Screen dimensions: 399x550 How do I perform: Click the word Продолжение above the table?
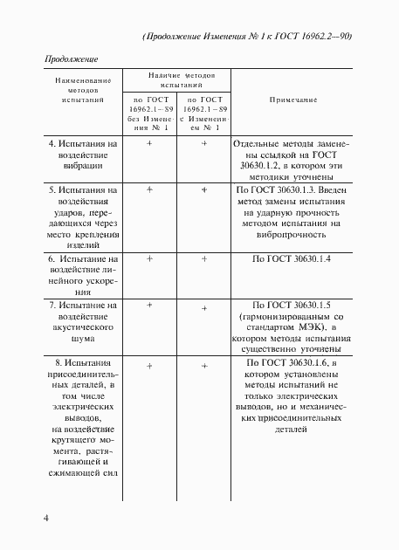click(x=71, y=59)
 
